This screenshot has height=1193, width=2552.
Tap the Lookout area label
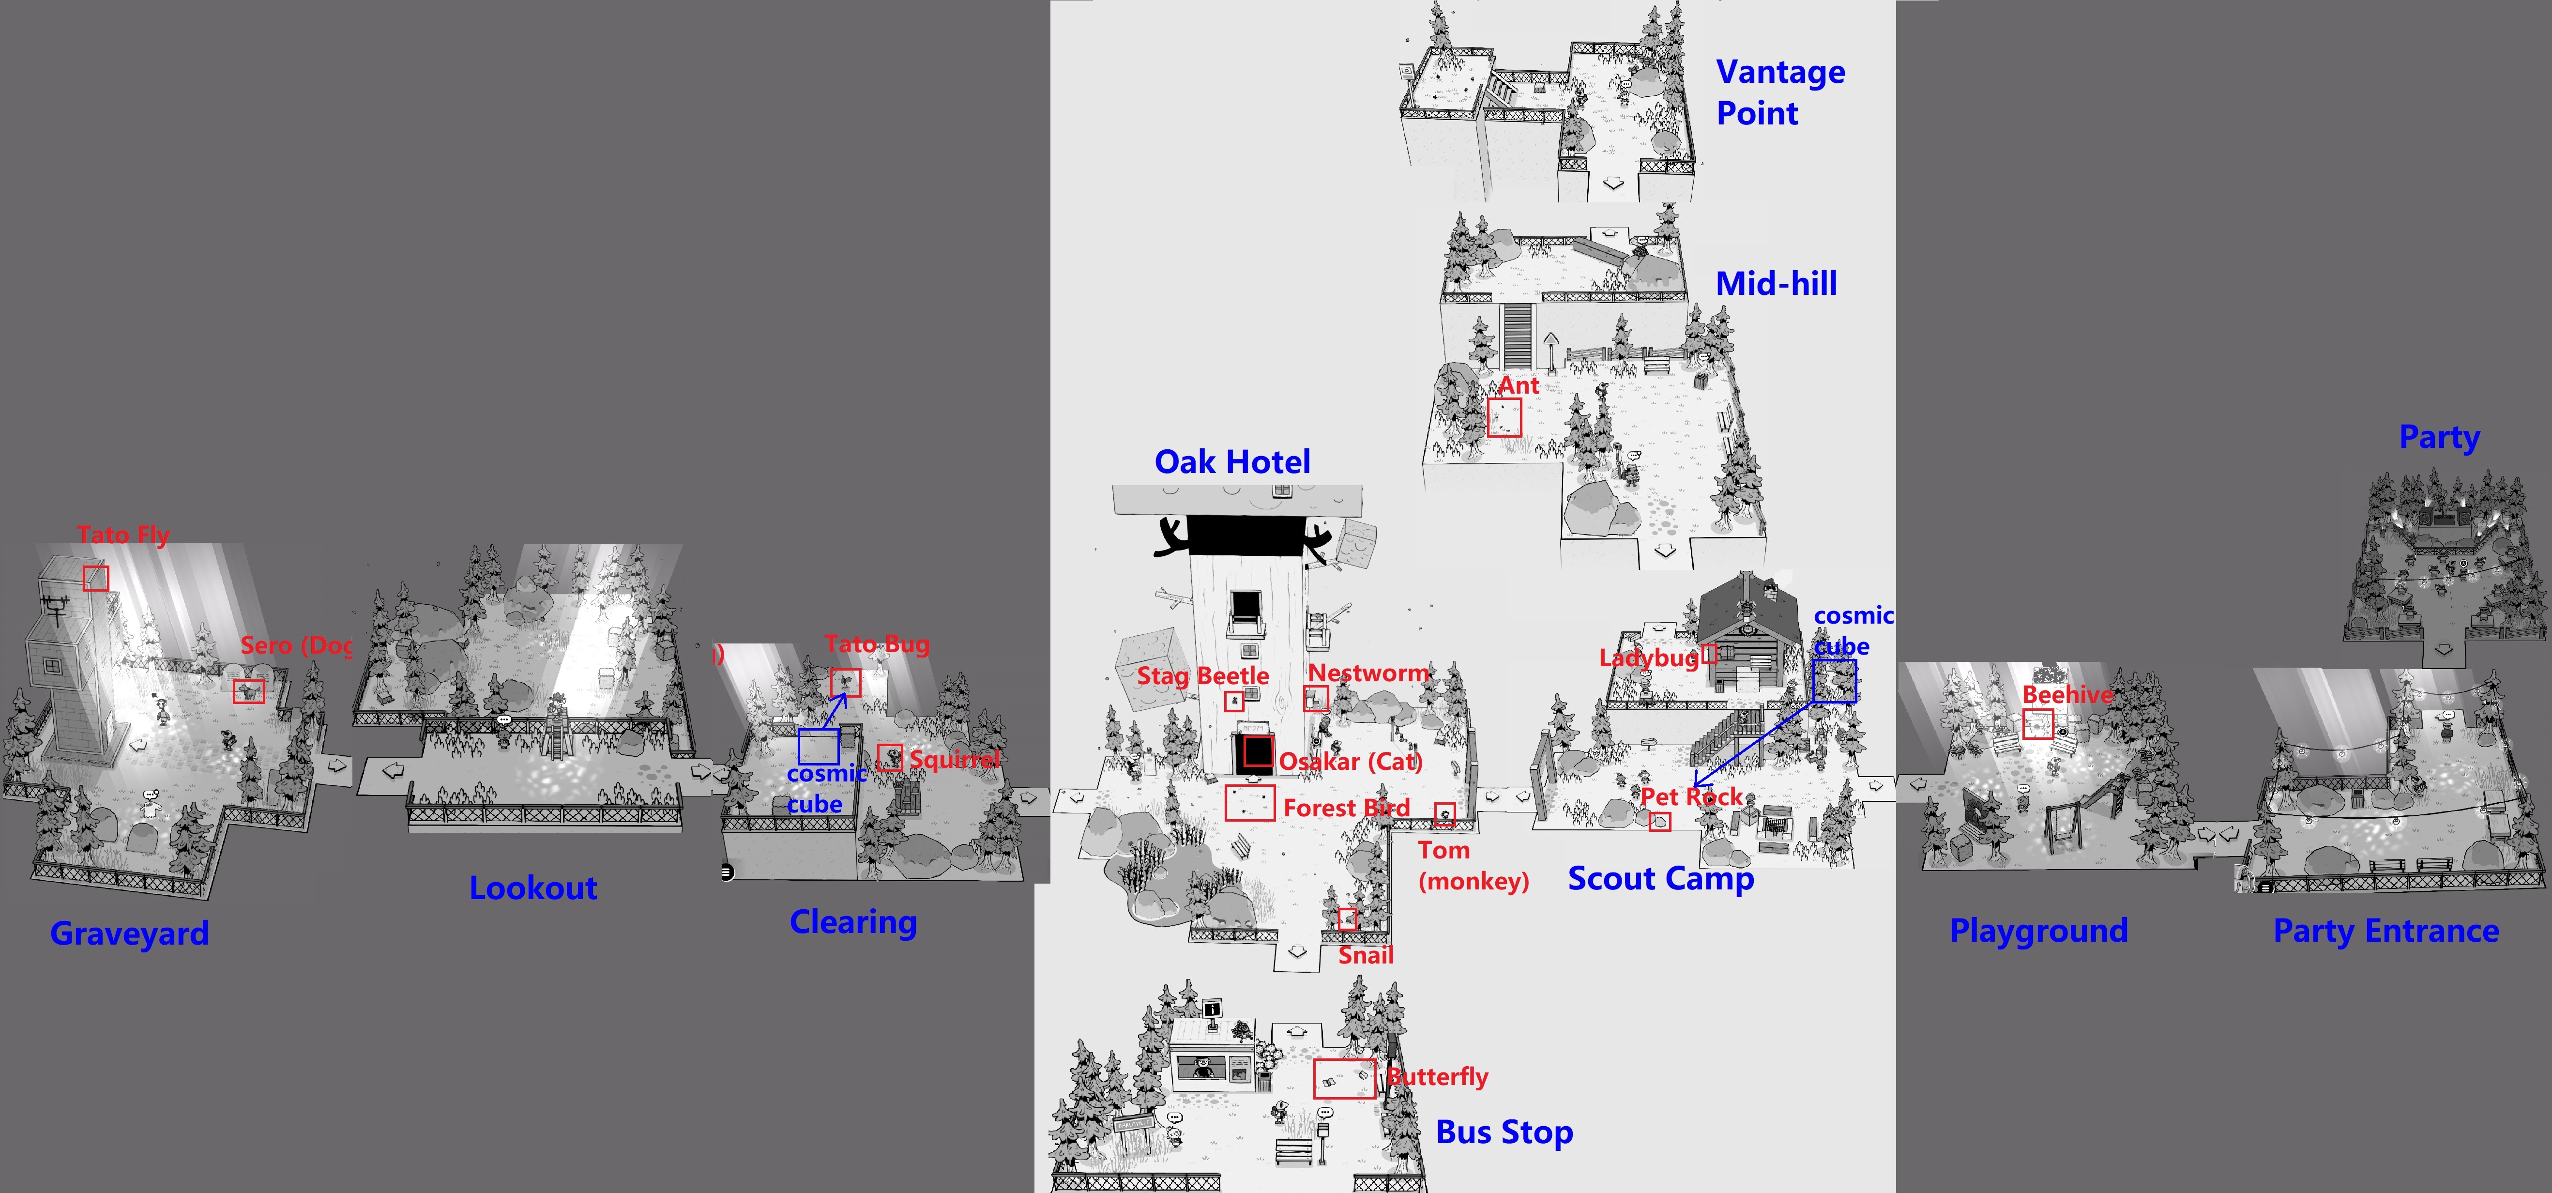(x=533, y=888)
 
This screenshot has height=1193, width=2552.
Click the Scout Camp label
(x=1660, y=879)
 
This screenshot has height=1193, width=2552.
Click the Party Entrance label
(x=2385, y=932)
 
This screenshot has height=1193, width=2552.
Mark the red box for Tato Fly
(x=96, y=578)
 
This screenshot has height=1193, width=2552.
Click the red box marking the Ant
(x=1504, y=417)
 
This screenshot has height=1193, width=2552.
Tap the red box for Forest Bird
(x=1249, y=803)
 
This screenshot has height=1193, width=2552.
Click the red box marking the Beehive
(x=2037, y=725)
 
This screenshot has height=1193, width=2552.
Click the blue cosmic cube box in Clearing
(x=818, y=746)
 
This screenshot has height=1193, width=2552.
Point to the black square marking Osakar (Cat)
(x=1257, y=752)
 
